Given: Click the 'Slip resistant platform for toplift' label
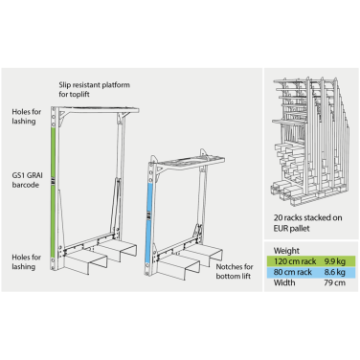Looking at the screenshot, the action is coord(94,89).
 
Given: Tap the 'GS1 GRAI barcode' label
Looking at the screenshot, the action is coord(27,180).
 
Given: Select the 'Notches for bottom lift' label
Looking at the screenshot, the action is coord(235,271).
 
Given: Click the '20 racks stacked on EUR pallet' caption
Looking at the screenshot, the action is coord(307,223).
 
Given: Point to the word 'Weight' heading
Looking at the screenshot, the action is coord(286,251).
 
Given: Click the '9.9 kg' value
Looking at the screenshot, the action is coord(335,261).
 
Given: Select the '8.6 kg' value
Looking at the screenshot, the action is coord(335,272).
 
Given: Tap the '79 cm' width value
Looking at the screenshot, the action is coord(334,282).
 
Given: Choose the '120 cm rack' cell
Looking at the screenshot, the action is coord(295,261).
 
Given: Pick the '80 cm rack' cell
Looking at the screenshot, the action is coord(293,272).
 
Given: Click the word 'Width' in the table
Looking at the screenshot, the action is coord(284,282).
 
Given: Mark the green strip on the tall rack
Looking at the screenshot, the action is coord(54,191).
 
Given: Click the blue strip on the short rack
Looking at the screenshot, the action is coord(149,224).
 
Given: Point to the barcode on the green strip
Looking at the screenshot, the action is coord(54,182).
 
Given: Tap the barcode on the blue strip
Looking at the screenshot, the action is coord(149,215).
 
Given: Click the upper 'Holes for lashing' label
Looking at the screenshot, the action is coord(27,116).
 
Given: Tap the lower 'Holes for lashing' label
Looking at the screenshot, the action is coord(27,261).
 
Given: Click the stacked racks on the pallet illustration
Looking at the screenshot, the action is coord(310,141).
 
